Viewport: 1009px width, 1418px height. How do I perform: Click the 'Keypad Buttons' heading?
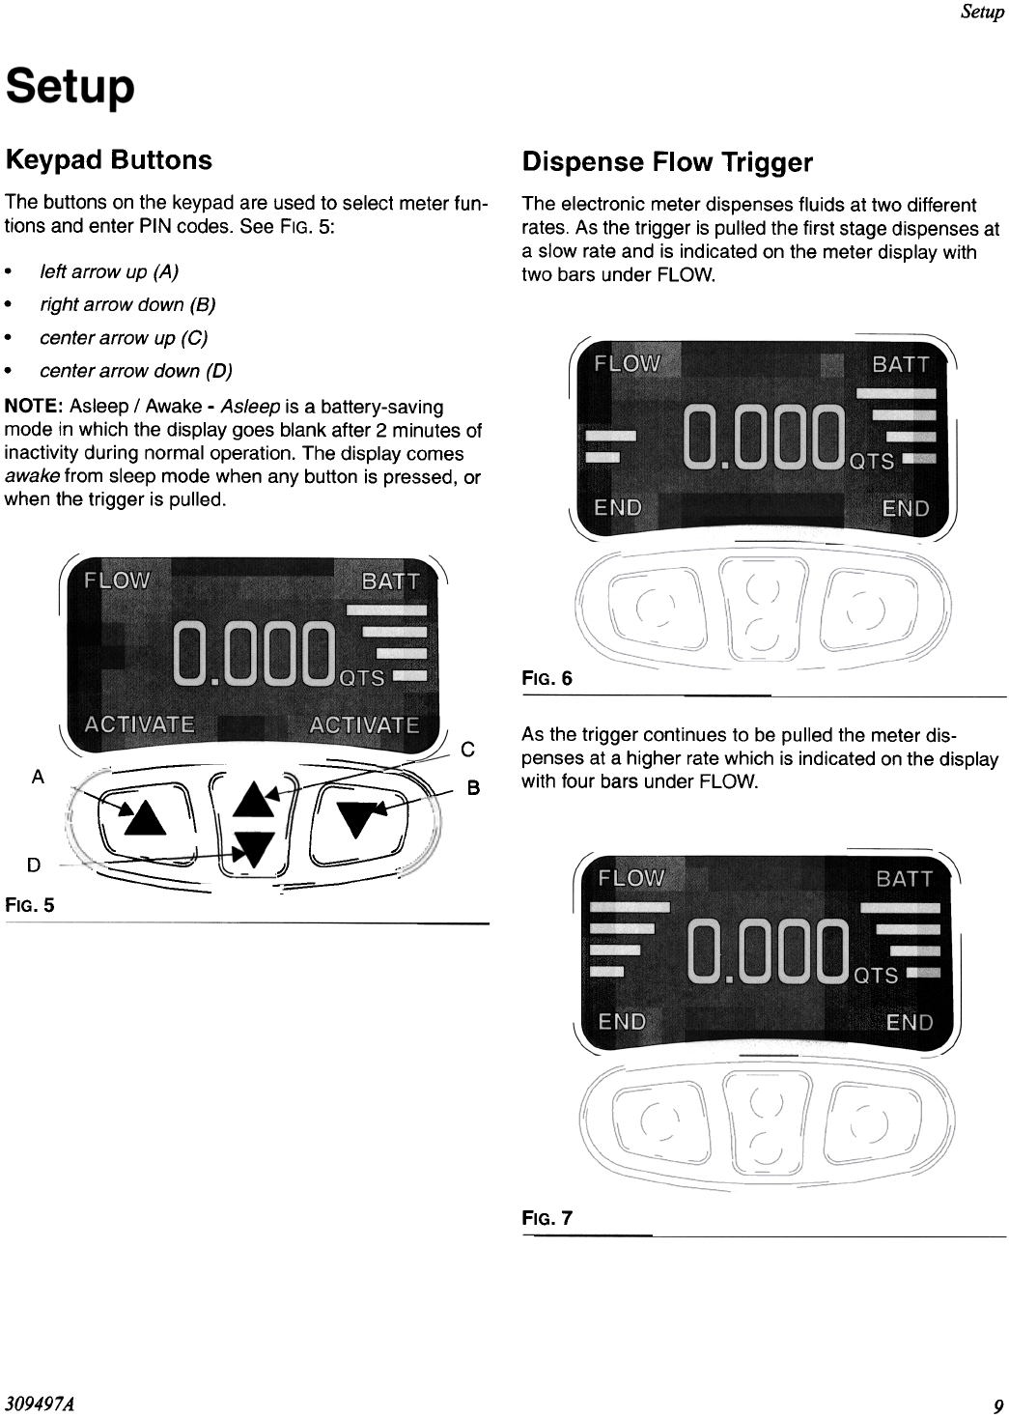(x=108, y=159)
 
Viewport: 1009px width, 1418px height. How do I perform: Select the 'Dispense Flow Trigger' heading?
(x=667, y=162)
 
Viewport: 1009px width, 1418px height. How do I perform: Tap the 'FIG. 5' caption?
(x=30, y=905)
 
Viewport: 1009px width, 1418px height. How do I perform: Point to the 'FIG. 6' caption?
(x=547, y=678)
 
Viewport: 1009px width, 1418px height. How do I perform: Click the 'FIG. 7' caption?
(x=547, y=1218)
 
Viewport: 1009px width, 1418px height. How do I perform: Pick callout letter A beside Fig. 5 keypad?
(x=38, y=776)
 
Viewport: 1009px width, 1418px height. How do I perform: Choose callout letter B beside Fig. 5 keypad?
(x=473, y=788)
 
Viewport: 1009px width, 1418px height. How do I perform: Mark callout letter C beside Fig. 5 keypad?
(x=467, y=749)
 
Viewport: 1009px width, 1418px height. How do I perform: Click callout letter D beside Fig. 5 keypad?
(x=34, y=865)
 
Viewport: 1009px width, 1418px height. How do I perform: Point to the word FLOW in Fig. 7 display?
(x=631, y=878)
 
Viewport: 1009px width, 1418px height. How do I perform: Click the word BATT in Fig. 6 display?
(x=900, y=364)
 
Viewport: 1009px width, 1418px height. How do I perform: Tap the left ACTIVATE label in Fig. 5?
(x=139, y=724)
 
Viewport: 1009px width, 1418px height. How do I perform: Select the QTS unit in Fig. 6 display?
(x=871, y=462)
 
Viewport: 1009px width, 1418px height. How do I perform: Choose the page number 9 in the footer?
(x=997, y=1404)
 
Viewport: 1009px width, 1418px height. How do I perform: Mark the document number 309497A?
(x=42, y=1404)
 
